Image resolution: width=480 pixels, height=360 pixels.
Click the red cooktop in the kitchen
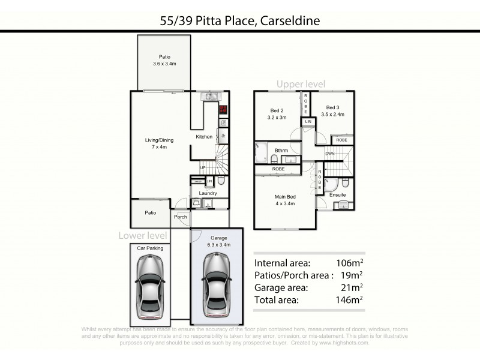pos(223,110)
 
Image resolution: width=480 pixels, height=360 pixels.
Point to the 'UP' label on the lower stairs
pos(203,167)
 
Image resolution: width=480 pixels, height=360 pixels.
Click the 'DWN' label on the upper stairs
pos(330,154)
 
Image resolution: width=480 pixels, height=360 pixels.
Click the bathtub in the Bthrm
pos(262,152)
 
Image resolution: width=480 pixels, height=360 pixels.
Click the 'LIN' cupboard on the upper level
pos(308,122)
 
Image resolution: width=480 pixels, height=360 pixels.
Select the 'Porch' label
pos(180,217)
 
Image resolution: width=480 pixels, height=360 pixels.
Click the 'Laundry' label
pos(208,193)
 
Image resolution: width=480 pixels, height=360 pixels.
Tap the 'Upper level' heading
pos(301,83)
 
